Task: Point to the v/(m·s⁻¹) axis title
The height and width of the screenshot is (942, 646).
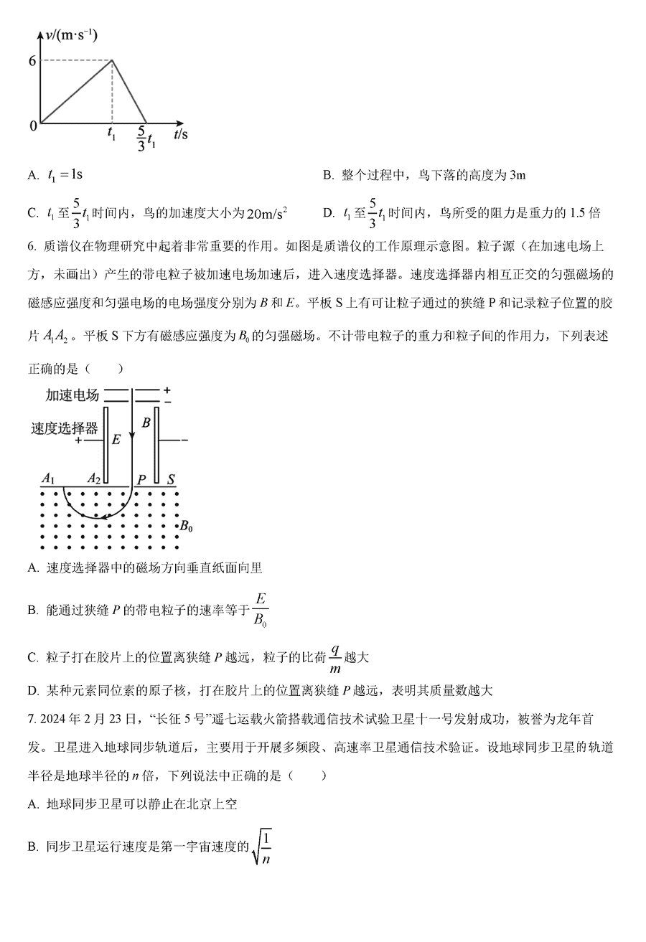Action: (71, 34)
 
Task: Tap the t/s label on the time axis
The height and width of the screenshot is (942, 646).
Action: (180, 133)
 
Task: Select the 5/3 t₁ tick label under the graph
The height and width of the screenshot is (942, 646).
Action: (146, 137)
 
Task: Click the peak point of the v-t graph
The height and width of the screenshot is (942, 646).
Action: (112, 60)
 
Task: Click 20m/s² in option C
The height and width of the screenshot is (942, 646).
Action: (266, 213)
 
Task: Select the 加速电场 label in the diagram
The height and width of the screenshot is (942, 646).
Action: (72, 395)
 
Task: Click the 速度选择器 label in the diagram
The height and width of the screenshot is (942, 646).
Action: (64, 429)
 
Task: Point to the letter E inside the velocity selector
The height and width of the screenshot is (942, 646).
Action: (116, 439)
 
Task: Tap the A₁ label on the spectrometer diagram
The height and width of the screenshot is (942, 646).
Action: (49, 478)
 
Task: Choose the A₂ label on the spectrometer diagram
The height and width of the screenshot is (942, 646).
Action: (94, 478)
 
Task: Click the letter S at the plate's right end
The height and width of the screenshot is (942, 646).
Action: (172, 479)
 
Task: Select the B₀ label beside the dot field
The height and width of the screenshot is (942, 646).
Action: (186, 527)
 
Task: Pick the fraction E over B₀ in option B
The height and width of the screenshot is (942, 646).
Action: (261, 610)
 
